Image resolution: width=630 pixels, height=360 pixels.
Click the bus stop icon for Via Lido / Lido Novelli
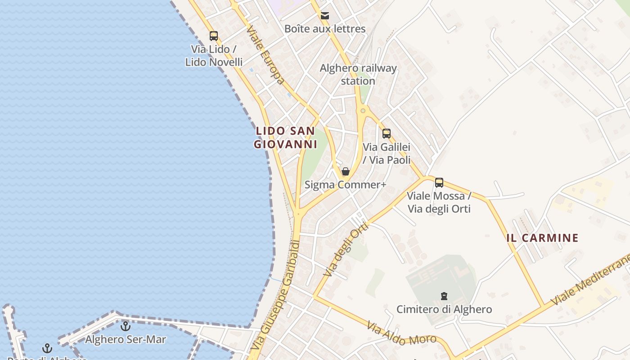pyautogui.click(x=214, y=36)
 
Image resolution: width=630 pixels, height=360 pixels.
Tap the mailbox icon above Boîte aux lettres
pyautogui.click(x=325, y=16)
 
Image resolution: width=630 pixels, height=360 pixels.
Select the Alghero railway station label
pyautogui.click(x=358, y=75)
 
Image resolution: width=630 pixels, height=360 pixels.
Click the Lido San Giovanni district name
pyautogui.click(x=285, y=138)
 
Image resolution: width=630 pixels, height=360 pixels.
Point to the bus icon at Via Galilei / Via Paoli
pyautogui.click(x=386, y=133)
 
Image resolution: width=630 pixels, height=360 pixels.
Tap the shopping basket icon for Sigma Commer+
pyautogui.click(x=346, y=171)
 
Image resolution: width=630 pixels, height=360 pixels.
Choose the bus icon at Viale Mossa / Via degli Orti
pyautogui.click(x=439, y=183)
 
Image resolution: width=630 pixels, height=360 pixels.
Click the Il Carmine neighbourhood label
pyautogui.click(x=542, y=238)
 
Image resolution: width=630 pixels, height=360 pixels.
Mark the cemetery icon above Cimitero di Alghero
pyautogui.click(x=444, y=296)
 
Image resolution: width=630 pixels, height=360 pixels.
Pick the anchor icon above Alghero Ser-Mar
pyautogui.click(x=126, y=326)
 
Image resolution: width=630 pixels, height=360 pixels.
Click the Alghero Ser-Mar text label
pyautogui.click(x=126, y=339)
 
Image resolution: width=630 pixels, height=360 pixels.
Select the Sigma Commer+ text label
pyautogui.click(x=346, y=184)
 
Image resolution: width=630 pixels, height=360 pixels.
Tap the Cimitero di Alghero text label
pyautogui.click(x=444, y=310)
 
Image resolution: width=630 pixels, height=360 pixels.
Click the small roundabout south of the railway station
pyautogui.click(x=363, y=110)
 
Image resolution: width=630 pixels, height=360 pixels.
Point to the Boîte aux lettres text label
pyautogui.click(x=325, y=29)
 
